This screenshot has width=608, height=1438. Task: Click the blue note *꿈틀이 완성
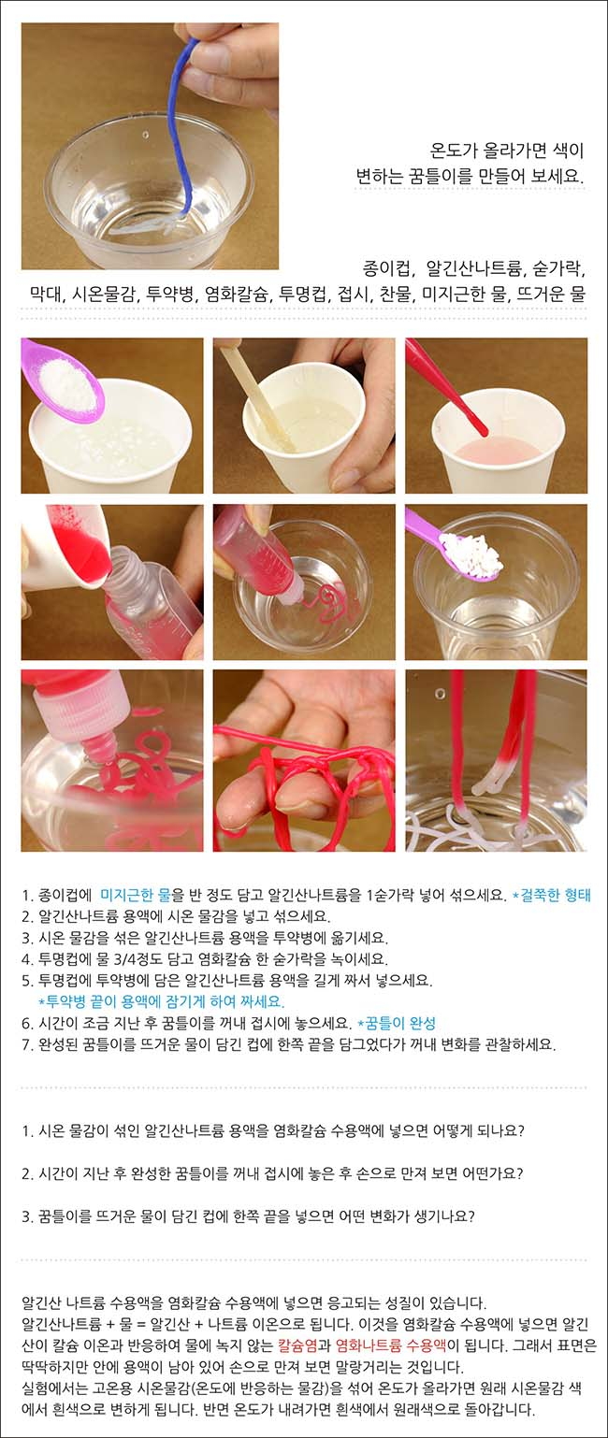click(x=396, y=1023)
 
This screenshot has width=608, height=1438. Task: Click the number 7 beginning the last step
click(x=25, y=1044)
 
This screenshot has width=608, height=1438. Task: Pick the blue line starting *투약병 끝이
click(x=161, y=1001)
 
